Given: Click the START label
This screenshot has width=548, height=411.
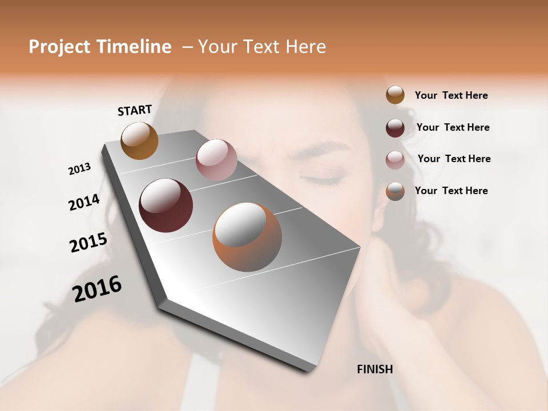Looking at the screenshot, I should coord(135,110).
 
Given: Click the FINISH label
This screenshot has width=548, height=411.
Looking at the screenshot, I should coord(374,369).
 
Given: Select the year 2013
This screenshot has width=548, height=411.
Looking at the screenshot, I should coord(79,169).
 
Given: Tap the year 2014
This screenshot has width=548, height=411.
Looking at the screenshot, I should coord(84,202).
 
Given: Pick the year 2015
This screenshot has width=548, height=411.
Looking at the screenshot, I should coord(88,243).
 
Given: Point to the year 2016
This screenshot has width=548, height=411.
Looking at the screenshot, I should coord(97,288).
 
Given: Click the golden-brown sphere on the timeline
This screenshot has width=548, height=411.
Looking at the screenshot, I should coord(139,140).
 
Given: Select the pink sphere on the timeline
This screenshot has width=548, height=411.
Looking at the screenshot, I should coord(216,159).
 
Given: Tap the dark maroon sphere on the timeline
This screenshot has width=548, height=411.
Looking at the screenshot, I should coord(166,205).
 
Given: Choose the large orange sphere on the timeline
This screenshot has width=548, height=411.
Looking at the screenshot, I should coord(247,237).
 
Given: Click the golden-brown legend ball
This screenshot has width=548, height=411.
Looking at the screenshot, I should coord(395,95).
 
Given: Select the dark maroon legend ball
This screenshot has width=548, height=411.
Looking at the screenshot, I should coord(395,127).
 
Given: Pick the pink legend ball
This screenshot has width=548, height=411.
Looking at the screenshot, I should coord(395,159).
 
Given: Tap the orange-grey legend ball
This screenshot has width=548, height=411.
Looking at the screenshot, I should coord(395,191).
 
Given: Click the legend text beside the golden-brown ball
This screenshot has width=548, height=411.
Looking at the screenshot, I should coord(451,95).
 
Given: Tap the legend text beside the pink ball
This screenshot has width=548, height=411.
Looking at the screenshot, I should coord(454,159).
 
